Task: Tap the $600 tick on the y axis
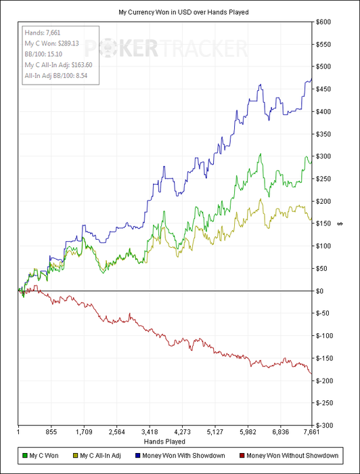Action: tap(323, 22)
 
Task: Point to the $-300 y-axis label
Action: tap(323, 425)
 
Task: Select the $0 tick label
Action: tap(320, 290)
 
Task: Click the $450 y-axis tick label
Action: tap(323, 89)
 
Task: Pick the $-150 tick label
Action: tap(323, 358)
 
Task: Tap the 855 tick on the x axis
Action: tap(51, 432)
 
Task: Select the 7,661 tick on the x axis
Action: tap(311, 432)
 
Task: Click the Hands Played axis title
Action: tap(164, 441)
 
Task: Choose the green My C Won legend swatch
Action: tap(25, 456)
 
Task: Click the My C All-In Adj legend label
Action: tap(100, 456)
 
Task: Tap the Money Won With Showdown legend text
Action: tap(183, 456)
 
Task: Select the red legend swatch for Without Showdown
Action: tap(242, 456)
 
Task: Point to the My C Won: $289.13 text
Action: tap(51, 43)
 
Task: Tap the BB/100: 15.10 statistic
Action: tap(43, 54)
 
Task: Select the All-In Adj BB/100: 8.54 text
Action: tap(56, 76)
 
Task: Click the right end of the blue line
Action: tap(311, 79)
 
